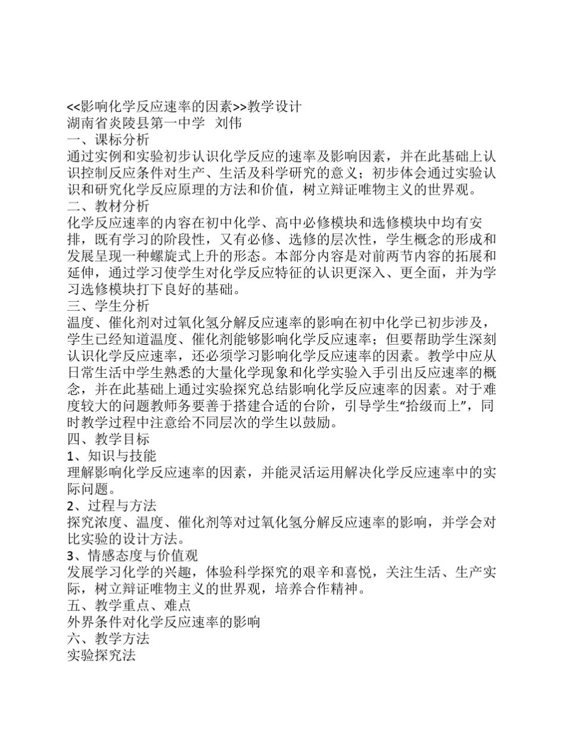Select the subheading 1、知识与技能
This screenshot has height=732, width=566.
pos(111,456)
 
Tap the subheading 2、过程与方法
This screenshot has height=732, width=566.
pos(111,506)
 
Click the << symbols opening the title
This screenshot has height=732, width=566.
pos(72,108)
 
